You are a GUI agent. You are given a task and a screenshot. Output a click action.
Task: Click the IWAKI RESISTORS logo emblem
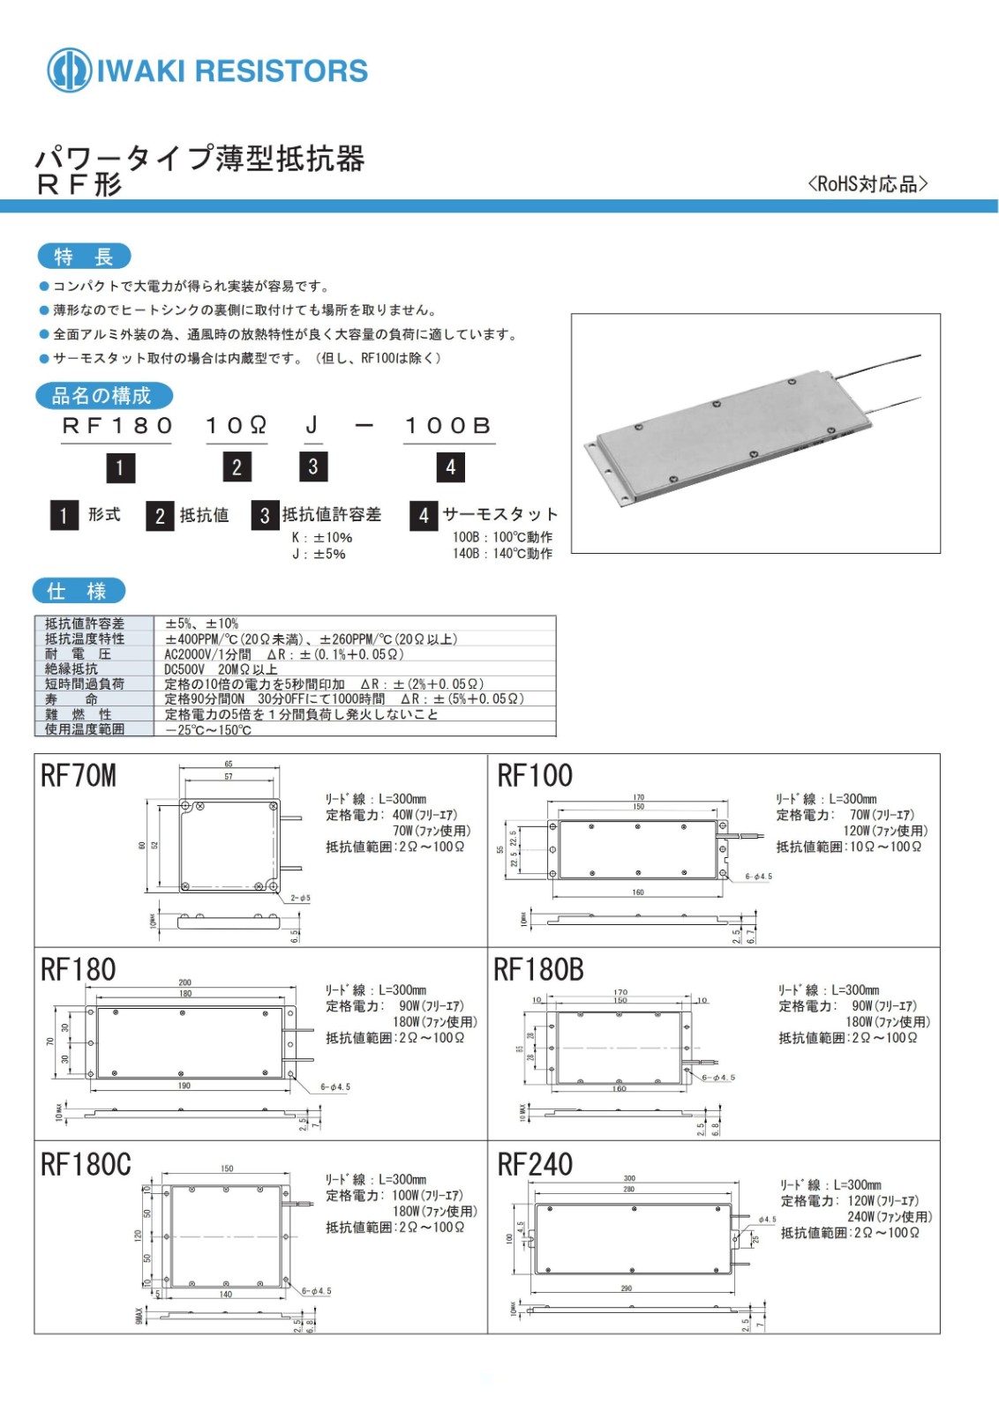69,70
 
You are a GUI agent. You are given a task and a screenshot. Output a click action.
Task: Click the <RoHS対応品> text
867,183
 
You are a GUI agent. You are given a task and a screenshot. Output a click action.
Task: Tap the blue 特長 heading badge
84,257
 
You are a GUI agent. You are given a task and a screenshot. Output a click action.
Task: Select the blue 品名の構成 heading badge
103,395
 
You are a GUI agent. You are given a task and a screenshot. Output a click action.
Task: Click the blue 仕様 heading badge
79,590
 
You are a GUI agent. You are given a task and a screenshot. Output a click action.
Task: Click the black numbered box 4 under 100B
450,467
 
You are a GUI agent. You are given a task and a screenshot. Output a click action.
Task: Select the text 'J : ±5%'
319,554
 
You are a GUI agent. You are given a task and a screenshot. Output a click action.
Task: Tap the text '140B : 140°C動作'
502,554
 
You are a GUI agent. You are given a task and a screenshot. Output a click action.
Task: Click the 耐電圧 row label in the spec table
79,653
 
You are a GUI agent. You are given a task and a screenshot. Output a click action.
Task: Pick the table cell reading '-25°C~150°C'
209,729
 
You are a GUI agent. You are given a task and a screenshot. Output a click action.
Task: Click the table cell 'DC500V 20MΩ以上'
221,669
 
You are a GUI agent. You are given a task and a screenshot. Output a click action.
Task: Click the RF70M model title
79,775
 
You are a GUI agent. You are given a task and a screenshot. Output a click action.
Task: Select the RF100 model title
535,775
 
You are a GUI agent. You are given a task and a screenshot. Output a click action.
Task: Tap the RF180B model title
538,969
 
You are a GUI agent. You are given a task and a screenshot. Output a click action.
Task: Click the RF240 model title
535,1164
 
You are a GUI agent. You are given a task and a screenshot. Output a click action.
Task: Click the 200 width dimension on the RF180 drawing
184,982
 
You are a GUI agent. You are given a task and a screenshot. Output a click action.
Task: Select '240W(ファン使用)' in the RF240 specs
890,1216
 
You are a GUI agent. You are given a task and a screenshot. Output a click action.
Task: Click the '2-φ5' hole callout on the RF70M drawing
300,898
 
